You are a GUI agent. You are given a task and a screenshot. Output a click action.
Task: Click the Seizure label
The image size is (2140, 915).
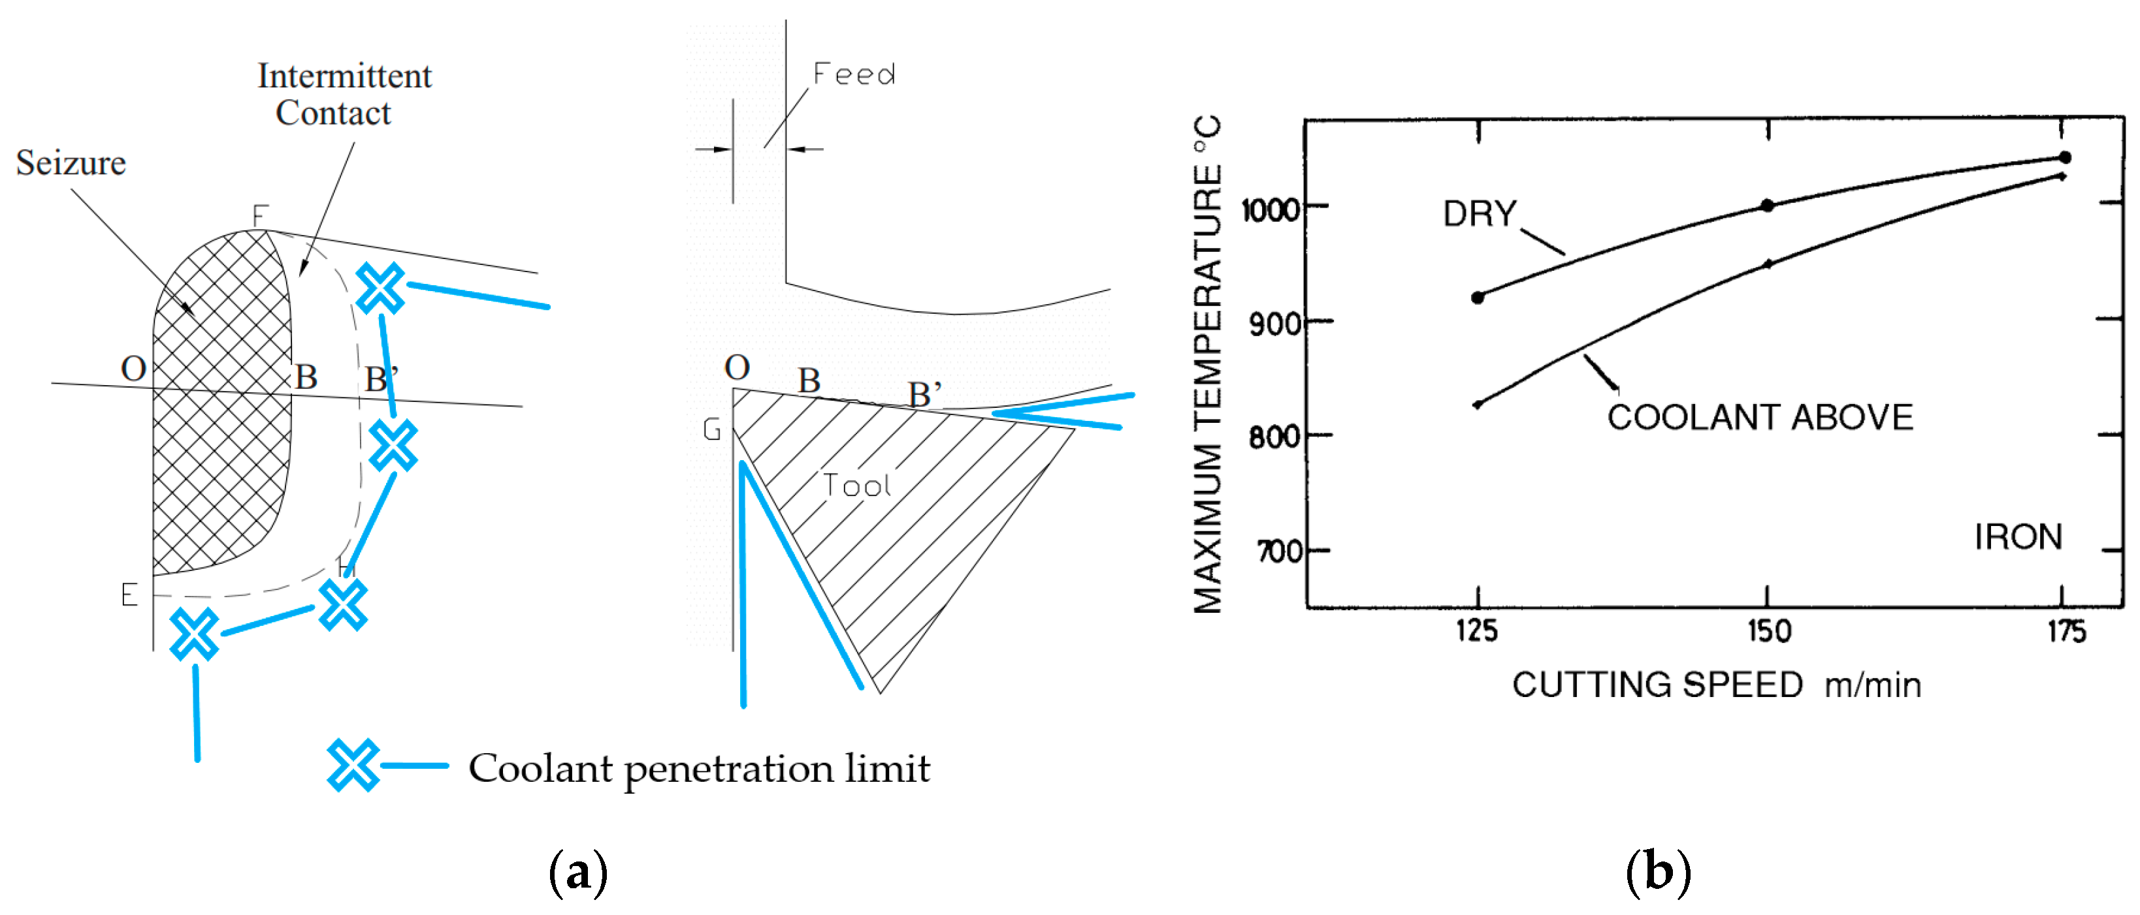coord(71,163)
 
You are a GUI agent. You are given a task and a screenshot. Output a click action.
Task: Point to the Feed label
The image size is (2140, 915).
coord(854,75)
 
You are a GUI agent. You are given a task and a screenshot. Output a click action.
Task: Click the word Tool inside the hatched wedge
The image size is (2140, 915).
coord(856,486)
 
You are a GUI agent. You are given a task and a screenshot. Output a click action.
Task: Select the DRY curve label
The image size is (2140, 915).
coord(1479,214)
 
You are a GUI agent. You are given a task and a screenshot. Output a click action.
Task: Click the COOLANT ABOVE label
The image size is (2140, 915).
coord(1760,418)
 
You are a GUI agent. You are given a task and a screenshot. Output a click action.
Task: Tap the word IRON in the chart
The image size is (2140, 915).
coord(2017,537)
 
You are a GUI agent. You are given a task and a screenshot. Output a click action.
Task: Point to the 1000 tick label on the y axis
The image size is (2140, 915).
coord(1269,209)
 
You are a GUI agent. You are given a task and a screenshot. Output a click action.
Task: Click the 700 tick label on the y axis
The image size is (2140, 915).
coord(1278,551)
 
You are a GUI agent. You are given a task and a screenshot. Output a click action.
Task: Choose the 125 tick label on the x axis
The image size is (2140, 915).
coord(1476,632)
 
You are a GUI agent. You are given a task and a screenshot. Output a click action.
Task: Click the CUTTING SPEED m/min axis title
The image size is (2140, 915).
coord(1715,686)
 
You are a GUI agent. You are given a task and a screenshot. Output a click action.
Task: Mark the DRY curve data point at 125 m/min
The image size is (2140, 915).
coord(1477,297)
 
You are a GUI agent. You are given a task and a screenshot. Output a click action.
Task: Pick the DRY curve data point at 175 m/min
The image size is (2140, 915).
coord(2064,157)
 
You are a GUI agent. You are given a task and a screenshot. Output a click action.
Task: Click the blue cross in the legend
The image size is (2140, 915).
coord(352,765)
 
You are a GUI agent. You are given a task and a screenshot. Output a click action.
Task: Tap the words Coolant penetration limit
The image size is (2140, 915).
coord(699,769)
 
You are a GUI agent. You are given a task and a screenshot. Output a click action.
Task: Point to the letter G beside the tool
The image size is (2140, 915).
coord(711,429)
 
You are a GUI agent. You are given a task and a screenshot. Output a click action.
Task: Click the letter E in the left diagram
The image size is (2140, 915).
coord(129,595)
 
